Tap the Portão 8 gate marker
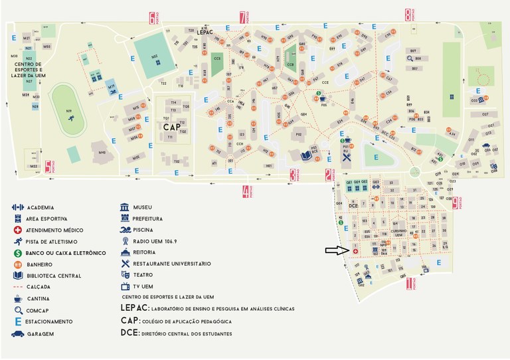[408, 15]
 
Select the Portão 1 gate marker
[408, 284]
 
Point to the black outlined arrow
[337, 250]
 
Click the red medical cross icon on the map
[355, 252]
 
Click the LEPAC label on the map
[205, 31]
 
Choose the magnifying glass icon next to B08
[411, 59]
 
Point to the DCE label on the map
[353, 206]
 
